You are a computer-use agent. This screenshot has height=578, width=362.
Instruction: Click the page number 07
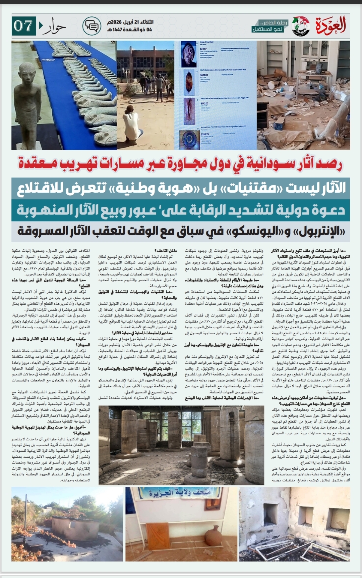[x=23, y=26]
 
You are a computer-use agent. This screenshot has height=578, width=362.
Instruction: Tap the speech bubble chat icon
[x=92, y=26]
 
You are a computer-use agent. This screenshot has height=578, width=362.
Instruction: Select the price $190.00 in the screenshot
[x=204, y=104]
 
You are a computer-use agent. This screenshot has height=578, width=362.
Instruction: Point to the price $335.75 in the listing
[x=205, y=134]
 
